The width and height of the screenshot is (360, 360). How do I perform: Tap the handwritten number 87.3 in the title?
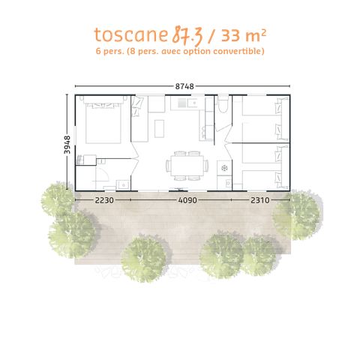coord(170,34)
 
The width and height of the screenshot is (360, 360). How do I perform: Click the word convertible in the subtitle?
coord(239,51)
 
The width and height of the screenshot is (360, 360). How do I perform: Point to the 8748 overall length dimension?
coord(184,86)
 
